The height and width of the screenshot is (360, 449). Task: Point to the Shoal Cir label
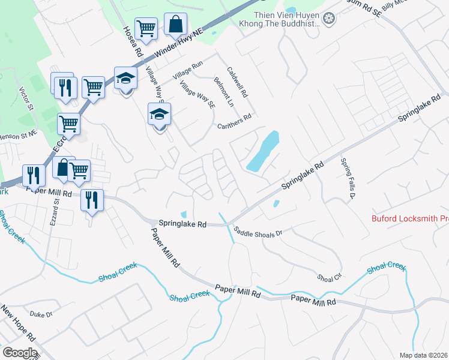coord(329,278)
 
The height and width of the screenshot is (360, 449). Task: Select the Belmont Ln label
coord(223,92)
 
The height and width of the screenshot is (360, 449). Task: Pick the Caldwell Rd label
coord(237,83)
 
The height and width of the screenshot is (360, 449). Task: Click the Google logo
coord(19,353)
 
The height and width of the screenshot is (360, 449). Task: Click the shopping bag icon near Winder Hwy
coord(175,24)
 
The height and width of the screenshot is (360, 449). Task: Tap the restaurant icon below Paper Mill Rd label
coord(92,199)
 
